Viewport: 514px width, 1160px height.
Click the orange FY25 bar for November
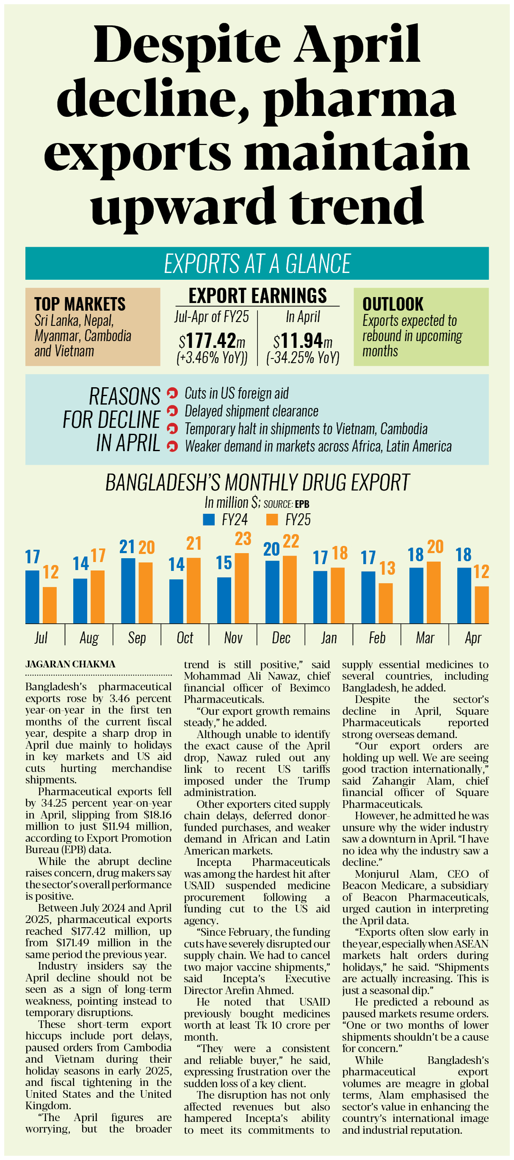pyautogui.click(x=242, y=588)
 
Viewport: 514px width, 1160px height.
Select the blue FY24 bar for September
pyautogui.click(x=128, y=591)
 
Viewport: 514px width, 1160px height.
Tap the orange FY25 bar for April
pyautogui.click(x=481, y=605)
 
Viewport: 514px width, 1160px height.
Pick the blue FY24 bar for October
pyautogui.click(x=176, y=601)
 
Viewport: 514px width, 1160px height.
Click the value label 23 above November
pyautogui.click(x=243, y=539)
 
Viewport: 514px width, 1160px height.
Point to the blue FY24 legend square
pyautogui.click(x=209, y=520)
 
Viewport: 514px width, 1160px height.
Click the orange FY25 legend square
pyautogui.click(x=272, y=520)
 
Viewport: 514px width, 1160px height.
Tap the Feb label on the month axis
pyautogui.click(x=377, y=638)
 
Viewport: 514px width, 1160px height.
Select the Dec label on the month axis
pyautogui.click(x=281, y=638)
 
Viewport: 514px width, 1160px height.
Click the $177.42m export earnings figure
pyautogui.click(x=212, y=341)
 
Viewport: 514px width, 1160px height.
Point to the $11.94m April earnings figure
pyautogui.click(x=303, y=341)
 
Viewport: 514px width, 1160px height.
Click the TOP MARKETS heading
pyautogui.click(x=80, y=304)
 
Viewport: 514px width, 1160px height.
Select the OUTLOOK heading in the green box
pyautogui.click(x=393, y=304)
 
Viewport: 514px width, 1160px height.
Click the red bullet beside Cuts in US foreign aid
pyautogui.click(x=172, y=393)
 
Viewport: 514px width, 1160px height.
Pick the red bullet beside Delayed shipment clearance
pyautogui.click(x=172, y=411)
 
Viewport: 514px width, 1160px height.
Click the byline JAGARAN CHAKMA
pyautogui.click(x=70, y=664)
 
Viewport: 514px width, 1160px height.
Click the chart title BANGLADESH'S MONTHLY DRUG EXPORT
pyautogui.click(x=257, y=482)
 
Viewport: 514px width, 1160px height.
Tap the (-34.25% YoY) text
pyautogui.click(x=303, y=358)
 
